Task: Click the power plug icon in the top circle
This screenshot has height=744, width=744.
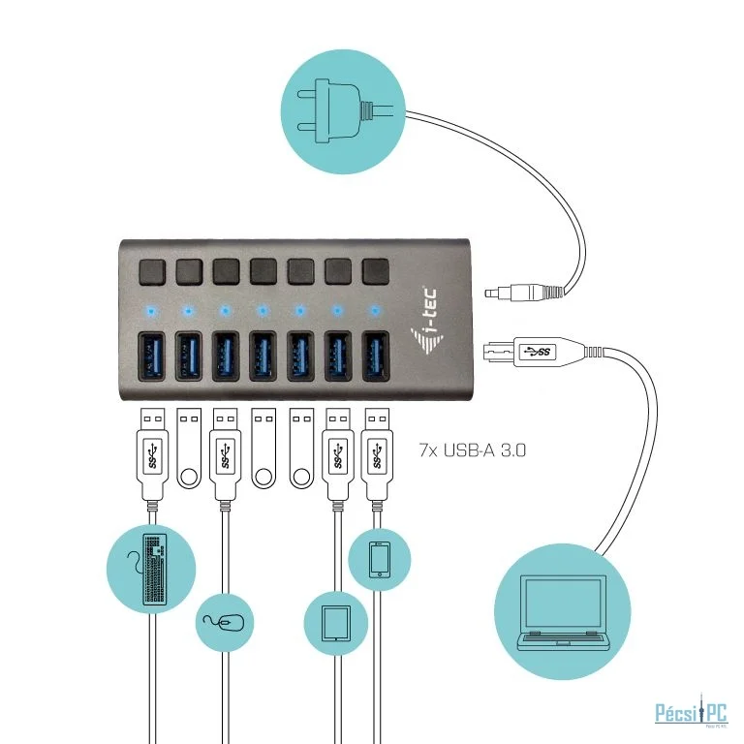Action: (340, 105)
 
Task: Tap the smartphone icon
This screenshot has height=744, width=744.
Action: (380, 559)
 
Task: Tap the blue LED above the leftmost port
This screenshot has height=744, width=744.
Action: (150, 312)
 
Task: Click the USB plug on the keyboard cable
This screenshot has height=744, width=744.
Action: (152, 455)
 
